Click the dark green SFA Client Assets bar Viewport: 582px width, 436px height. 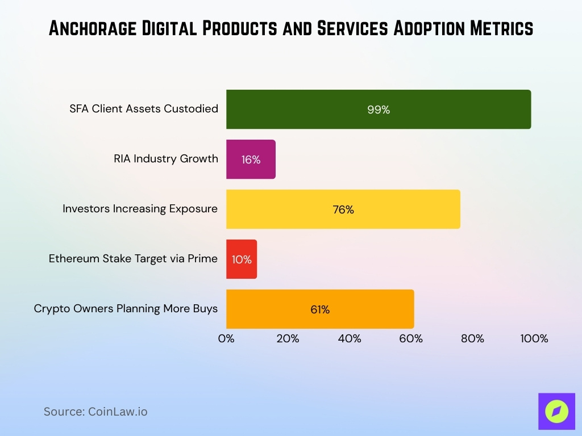tap(379, 110)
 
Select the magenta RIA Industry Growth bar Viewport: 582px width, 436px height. tap(251, 160)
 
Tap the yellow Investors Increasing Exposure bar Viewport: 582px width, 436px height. tap(343, 209)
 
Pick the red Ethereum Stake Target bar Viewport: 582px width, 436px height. tap(242, 259)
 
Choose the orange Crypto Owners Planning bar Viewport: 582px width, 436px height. tap(320, 309)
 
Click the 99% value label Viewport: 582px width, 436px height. tap(379, 110)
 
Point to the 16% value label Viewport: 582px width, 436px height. tap(251, 160)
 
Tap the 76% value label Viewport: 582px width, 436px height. tap(343, 210)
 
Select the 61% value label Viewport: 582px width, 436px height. tap(320, 310)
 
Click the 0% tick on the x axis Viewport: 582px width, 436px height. tap(226, 339)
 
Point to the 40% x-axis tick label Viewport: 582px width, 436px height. tap(350, 339)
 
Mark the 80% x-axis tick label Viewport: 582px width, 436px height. tap(472, 339)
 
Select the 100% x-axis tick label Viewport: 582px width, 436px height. tap(534, 339)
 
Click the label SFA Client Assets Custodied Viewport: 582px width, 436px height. tap(144, 108)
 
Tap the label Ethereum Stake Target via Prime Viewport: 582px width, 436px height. tap(133, 259)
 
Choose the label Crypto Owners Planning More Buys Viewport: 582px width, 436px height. tap(126, 309)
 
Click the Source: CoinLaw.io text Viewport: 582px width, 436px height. tap(95, 412)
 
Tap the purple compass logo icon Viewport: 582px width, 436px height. tap(556, 412)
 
